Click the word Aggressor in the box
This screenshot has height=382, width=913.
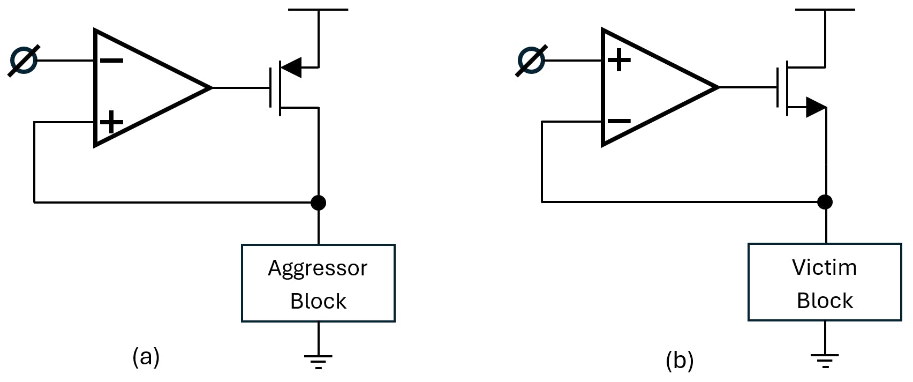(x=318, y=268)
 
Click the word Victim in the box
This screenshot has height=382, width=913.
(x=824, y=267)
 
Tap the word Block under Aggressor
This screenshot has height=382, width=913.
(x=318, y=301)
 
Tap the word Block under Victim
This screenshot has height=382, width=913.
(x=825, y=301)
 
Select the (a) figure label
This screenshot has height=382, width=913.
(x=146, y=356)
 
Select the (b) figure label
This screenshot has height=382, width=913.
(x=680, y=360)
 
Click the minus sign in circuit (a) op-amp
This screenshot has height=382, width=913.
(x=112, y=61)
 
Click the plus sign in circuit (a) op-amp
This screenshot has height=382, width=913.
(x=112, y=122)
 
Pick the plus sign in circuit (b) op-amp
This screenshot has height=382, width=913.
(x=619, y=59)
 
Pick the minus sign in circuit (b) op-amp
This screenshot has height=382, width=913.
(x=619, y=121)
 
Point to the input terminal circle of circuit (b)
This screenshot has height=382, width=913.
(x=531, y=60)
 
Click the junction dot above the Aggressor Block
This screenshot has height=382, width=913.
(x=318, y=203)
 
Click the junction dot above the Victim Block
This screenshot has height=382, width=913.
(x=825, y=202)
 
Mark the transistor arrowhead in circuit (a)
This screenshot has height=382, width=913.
(x=292, y=68)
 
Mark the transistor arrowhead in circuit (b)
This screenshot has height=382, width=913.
(x=816, y=107)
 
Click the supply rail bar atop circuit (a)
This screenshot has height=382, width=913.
(x=318, y=10)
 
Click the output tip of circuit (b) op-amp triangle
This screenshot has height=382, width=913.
(x=718, y=87)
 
